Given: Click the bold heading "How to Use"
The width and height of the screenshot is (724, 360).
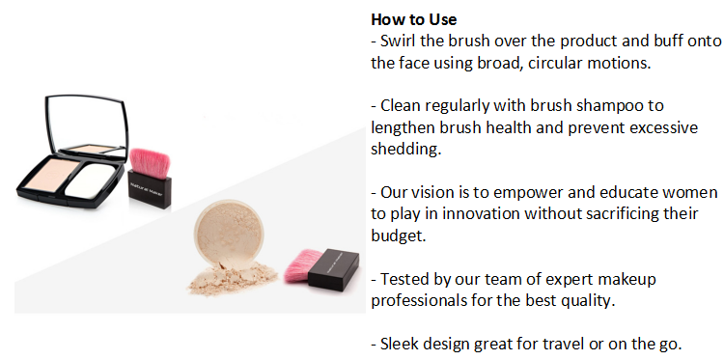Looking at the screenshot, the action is (414, 19).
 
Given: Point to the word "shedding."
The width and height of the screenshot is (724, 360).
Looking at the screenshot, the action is (406, 149).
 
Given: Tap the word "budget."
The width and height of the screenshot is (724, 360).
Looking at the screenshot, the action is (399, 235).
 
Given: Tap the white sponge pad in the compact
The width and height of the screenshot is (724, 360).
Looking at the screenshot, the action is (90, 180).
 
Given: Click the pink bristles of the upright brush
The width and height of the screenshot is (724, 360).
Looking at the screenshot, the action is (150, 162).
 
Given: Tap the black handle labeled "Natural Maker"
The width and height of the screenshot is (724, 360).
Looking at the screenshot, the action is (149, 189).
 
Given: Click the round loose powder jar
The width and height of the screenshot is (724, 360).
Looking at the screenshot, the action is (229, 234).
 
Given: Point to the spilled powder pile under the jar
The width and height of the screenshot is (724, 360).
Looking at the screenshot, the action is (233, 278).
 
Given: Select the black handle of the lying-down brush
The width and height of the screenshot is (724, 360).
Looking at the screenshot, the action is (333, 269).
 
